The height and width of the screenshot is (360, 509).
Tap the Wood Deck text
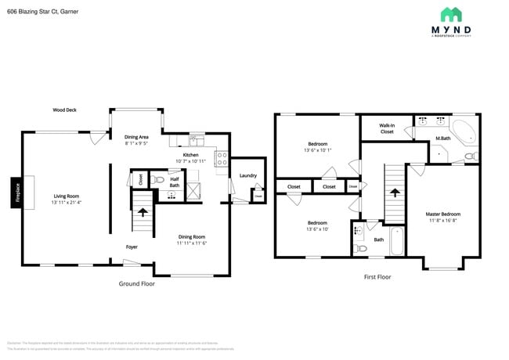(x=65, y=110)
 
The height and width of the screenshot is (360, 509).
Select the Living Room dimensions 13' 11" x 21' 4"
(x=67, y=202)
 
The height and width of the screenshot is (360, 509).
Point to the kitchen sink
(x=196, y=142)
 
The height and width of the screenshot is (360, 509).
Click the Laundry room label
(x=248, y=175)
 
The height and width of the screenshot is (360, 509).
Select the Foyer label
(x=133, y=247)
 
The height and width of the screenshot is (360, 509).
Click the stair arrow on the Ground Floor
(x=143, y=211)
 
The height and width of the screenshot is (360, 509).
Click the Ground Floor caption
(x=136, y=283)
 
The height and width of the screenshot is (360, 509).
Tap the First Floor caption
(x=377, y=277)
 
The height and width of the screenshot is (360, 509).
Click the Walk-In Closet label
(x=387, y=128)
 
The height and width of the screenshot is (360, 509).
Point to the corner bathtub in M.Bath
(x=465, y=131)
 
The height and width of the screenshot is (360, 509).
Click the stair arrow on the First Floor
(x=395, y=191)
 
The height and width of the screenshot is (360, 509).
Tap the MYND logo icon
(x=450, y=14)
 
